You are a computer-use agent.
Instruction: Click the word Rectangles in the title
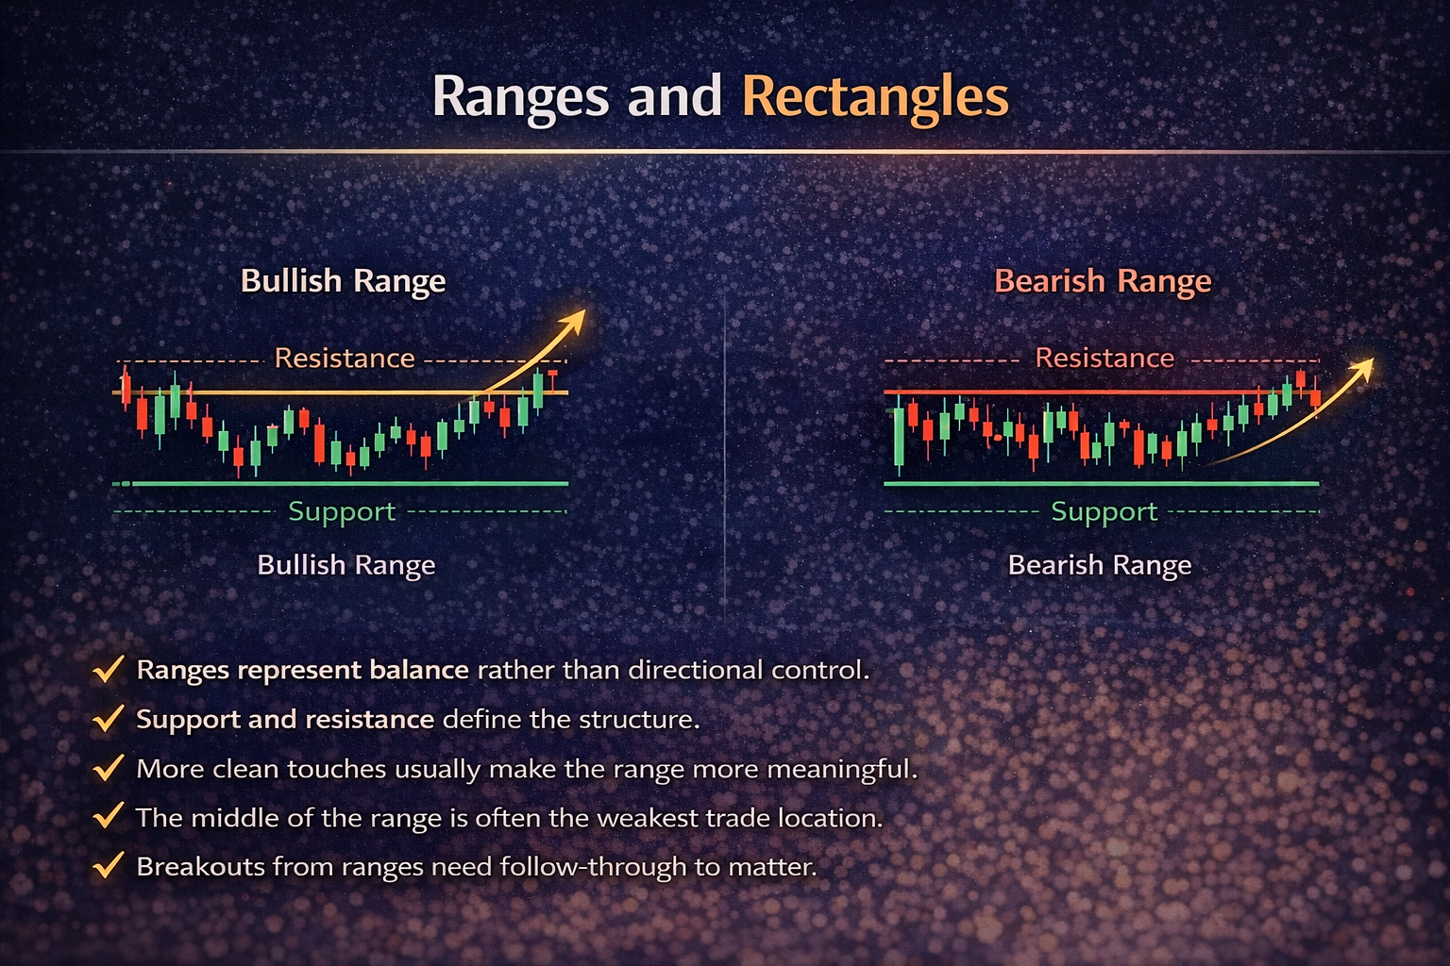click(875, 96)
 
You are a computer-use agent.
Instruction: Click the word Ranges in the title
click(520, 96)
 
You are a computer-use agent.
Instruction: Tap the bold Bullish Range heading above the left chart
click(343, 281)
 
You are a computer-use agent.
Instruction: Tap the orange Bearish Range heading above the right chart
click(1103, 281)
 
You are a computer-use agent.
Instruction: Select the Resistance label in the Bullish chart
click(345, 358)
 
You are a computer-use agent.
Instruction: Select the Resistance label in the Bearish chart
click(1104, 358)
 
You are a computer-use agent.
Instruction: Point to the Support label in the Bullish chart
click(342, 511)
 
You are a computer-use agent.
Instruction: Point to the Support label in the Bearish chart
click(1104, 511)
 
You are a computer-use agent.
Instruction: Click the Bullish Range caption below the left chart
click(346, 565)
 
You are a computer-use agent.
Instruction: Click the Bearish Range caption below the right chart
click(1100, 565)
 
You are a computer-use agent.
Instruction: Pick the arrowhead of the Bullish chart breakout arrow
click(573, 320)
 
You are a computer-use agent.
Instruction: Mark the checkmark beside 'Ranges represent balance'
click(109, 670)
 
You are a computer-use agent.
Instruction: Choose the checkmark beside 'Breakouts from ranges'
click(109, 865)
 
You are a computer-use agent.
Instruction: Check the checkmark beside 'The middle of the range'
click(109, 816)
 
